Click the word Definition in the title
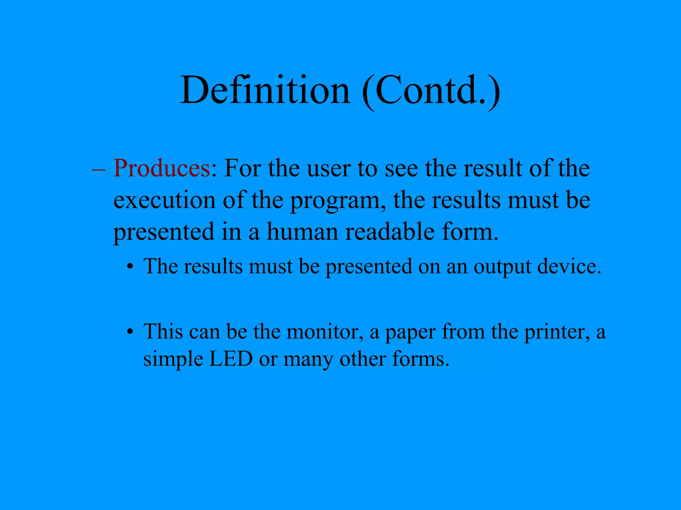(265, 90)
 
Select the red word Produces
(162, 168)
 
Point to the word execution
(165, 201)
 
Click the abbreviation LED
(231, 359)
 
